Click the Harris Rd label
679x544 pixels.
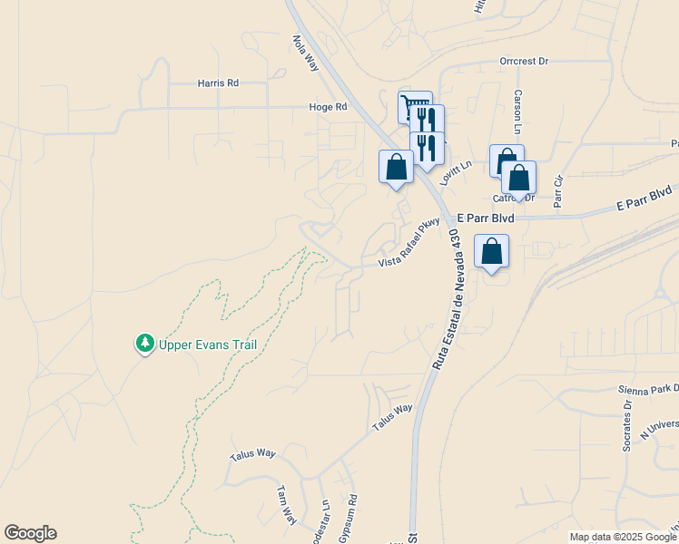pyautogui.click(x=218, y=83)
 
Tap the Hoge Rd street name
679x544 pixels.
pyautogui.click(x=328, y=107)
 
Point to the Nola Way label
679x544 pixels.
pyautogui.click(x=305, y=53)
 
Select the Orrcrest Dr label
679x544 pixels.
pyautogui.click(x=524, y=62)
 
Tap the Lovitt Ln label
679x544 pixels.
pyautogui.click(x=457, y=172)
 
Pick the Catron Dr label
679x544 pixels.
pyautogui.click(x=513, y=198)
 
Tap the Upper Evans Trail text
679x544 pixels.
pyautogui.click(x=209, y=345)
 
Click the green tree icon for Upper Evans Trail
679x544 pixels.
pyautogui.click(x=143, y=344)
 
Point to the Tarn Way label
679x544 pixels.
pyautogui.click(x=287, y=503)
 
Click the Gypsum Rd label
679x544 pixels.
pyautogui.click(x=349, y=519)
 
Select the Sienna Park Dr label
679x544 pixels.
pyautogui.click(x=648, y=387)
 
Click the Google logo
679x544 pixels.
pyautogui.click(x=30, y=533)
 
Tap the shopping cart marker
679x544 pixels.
pyautogui.click(x=415, y=107)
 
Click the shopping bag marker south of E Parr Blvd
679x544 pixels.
pyautogui.click(x=491, y=252)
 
